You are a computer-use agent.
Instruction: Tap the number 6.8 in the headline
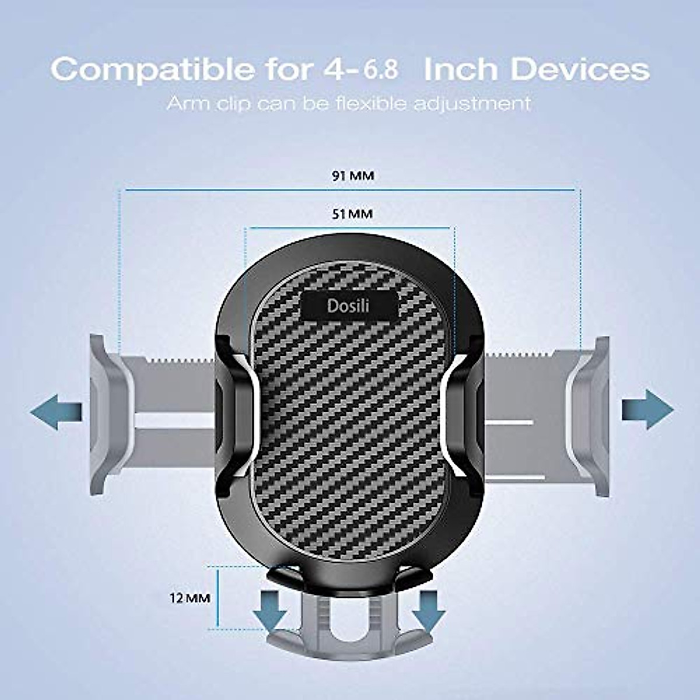pos(382,69)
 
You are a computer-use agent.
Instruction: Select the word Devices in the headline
pos(580,69)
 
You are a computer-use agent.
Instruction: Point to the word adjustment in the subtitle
pos(473,104)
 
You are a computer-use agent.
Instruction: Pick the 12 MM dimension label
pos(190,598)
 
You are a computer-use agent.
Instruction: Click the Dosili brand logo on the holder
pos(348,305)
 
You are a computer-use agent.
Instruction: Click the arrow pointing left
pos(55,412)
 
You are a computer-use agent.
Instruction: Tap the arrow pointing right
pos(647,409)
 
